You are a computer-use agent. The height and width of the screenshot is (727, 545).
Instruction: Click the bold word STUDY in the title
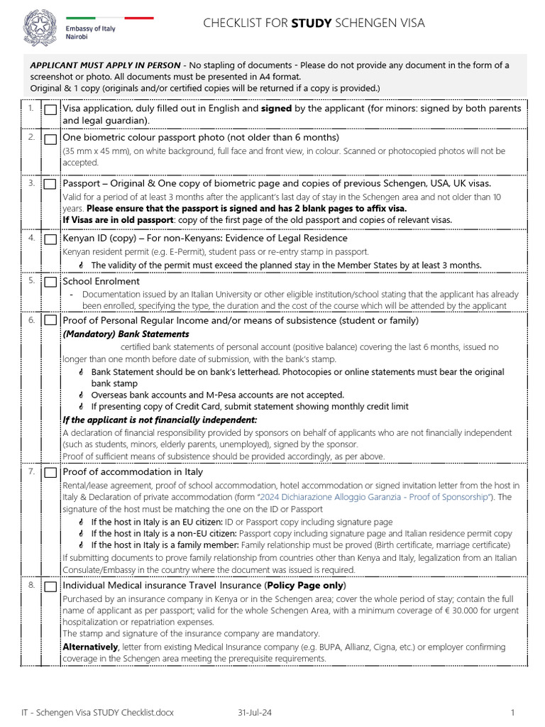click(311, 23)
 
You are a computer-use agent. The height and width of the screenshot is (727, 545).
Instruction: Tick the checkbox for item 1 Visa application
click(51, 110)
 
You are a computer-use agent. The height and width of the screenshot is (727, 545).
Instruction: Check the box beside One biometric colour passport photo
click(51, 138)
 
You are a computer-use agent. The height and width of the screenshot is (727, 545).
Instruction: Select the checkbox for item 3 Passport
click(51, 185)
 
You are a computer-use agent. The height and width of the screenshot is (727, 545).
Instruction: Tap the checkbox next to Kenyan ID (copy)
click(51, 240)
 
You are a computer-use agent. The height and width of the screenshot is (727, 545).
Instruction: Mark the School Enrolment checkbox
click(51, 282)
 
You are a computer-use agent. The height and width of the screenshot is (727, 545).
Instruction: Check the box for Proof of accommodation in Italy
click(51, 473)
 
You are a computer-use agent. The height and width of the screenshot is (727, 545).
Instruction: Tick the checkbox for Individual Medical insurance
click(51, 587)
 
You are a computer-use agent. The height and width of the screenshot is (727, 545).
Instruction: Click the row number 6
click(32, 320)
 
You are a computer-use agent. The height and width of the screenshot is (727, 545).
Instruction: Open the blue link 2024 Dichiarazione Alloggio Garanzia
click(373, 497)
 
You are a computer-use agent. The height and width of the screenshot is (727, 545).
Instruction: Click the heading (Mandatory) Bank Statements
click(126, 334)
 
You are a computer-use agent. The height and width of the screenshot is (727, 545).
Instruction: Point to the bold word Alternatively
click(90, 647)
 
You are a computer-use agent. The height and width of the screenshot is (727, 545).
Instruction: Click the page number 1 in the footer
click(512, 711)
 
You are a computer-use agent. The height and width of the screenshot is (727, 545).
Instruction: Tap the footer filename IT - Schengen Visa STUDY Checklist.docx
click(97, 711)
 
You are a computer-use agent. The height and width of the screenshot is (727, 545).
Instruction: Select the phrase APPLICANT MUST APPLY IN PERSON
click(105, 65)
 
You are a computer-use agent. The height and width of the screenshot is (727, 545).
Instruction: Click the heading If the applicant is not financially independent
click(160, 420)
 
